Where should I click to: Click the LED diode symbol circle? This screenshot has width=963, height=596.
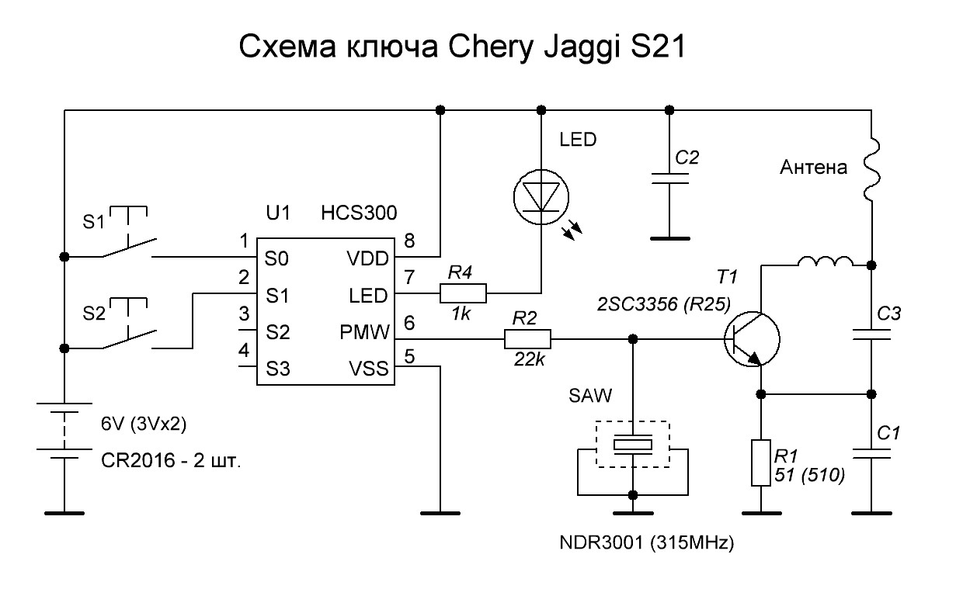(x=514, y=197)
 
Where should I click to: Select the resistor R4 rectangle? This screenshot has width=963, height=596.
(x=463, y=293)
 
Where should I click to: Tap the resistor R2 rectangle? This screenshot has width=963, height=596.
(x=527, y=339)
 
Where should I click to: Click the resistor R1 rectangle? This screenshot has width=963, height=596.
(x=760, y=463)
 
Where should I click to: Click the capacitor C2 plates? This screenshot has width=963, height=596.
(x=669, y=178)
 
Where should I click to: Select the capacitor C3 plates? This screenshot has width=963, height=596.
(x=871, y=334)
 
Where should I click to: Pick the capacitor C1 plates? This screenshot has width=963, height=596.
(x=871, y=454)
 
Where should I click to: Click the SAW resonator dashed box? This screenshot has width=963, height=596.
(x=596, y=445)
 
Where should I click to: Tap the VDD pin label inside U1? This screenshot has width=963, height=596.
(x=367, y=258)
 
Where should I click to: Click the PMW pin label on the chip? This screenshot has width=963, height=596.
(x=364, y=332)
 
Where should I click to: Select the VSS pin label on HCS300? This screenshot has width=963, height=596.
(x=368, y=369)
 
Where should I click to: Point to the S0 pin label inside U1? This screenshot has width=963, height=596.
(x=276, y=258)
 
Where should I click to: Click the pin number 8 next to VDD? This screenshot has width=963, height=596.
(x=409, y=241)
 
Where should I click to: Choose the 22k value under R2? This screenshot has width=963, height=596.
(x=529, y=359)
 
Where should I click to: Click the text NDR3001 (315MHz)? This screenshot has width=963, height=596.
(x=647, y=542)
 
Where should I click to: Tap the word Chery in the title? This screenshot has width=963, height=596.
(x=491, y=47)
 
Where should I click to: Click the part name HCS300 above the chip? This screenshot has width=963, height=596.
(x=359, y=213)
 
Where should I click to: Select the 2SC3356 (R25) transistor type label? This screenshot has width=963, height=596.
(x=664, y=304)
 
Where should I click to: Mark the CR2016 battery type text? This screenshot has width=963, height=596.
(x=138, y=461)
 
